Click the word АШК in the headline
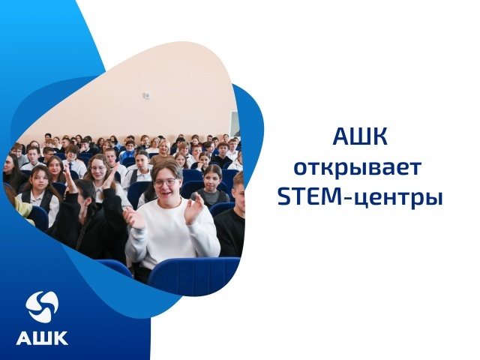pos(360,136)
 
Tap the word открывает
pos(358,168)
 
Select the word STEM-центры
pos(360,198)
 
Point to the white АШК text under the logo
pos(42,338)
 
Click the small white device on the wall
pos(148,95)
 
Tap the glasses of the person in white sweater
pos(165,183)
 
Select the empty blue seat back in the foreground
pos(194,274)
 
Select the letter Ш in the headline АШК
pos(361,136)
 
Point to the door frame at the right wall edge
pos(235,125)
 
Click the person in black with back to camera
pos(88,220)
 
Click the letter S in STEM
pos(283,198)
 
